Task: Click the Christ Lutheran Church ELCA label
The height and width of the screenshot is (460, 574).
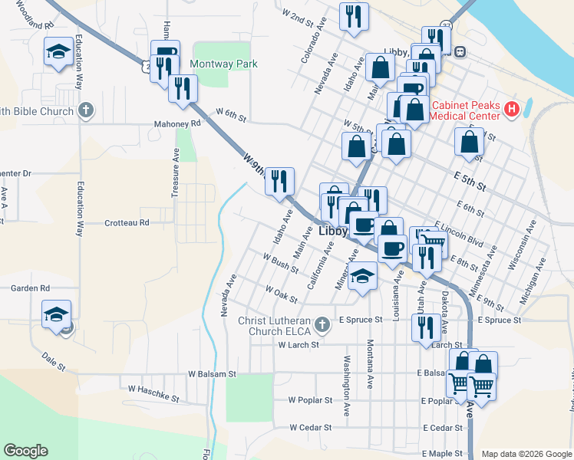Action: [275, 325]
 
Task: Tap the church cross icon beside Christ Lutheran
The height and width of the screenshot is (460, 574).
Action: [322, 325]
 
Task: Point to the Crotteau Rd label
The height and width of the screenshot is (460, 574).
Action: [127, 223]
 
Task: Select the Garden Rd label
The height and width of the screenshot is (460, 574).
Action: [30, 288]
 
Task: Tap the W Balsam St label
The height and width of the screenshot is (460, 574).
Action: [213, 374]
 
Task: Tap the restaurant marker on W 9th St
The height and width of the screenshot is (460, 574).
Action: [279, 182]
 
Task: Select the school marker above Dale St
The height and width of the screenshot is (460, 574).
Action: [56, 315]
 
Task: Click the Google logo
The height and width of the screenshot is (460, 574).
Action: [26, 451]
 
